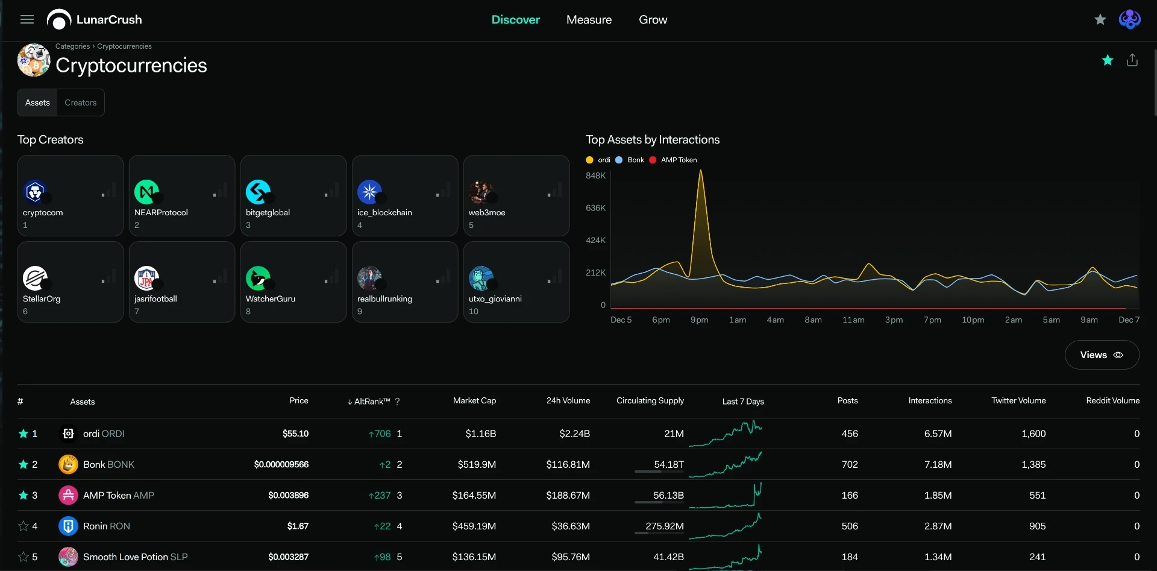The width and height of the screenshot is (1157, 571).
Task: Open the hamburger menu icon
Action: tap(27, 19)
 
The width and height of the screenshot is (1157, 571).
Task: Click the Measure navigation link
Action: tap(589, 20)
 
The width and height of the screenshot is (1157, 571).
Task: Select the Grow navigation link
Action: tap(653, 20)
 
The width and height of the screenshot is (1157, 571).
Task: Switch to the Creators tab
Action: tap(80, 103)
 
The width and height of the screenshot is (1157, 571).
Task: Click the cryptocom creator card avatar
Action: tap(35, 192)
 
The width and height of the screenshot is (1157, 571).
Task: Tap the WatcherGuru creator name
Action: tap(271, 298)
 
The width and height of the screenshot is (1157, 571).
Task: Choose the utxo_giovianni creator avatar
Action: tap(481, 278)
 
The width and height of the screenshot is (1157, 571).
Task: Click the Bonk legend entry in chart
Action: tap(630, 160)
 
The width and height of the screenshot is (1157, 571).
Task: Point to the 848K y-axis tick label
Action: tap(595, 175)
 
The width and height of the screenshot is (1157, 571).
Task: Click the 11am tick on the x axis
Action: tap(853, 320)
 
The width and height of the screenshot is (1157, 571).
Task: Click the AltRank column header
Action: tap(369, 402)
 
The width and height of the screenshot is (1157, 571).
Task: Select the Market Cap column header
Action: tap(474, 400)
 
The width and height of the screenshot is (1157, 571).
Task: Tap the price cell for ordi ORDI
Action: tap(295, 434)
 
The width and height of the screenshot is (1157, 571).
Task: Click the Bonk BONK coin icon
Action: tap(68, 464)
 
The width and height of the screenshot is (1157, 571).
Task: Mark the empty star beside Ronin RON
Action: tap(24, 526)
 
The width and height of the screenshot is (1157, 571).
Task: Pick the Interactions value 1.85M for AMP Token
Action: tap(938, 495)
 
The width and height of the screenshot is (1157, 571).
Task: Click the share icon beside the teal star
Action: tap(1132, 60)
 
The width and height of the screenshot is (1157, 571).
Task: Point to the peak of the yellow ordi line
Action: tap(700, 171)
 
